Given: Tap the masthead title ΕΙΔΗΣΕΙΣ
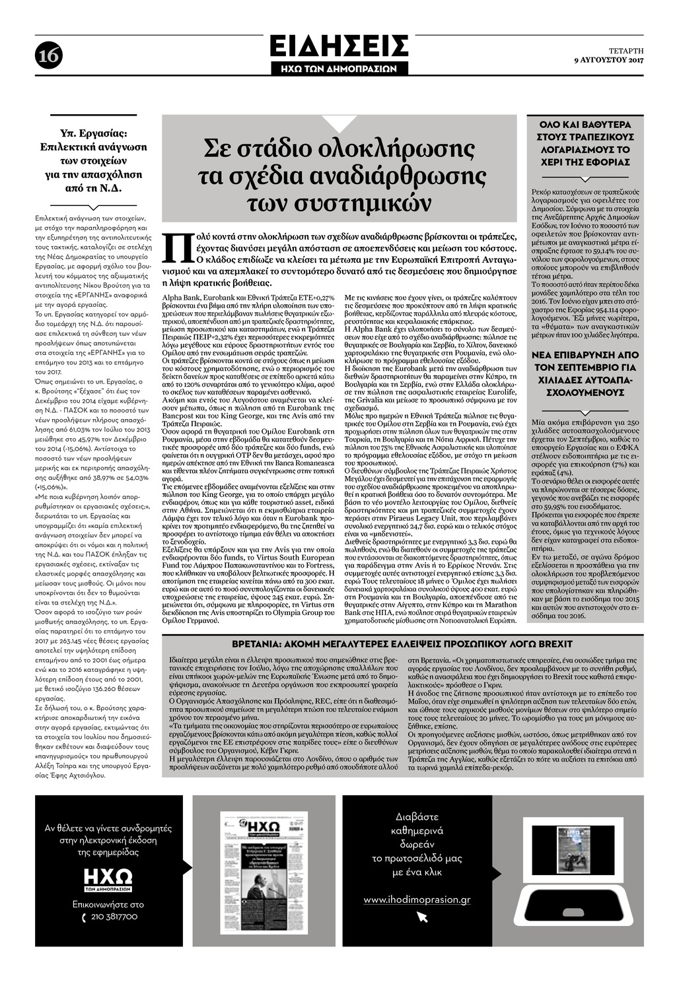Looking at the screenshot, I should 339,46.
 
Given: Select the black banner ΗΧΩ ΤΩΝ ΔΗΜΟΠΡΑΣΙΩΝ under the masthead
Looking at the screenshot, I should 339,69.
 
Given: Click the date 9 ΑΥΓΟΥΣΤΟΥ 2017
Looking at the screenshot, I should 608,61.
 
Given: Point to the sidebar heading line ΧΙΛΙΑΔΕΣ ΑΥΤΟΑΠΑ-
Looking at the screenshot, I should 585,380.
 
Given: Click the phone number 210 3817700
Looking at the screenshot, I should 114,917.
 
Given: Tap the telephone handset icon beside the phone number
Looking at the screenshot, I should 84,917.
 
